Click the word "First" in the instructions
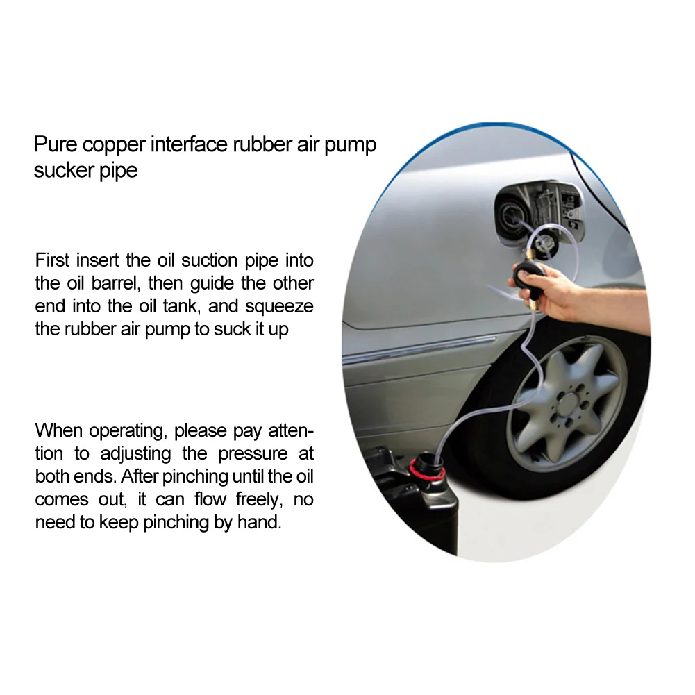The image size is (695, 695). (x=52, y=260)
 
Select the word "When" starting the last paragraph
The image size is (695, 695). (x=58, y=430)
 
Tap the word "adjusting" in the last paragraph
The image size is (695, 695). (x=135, y=454)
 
